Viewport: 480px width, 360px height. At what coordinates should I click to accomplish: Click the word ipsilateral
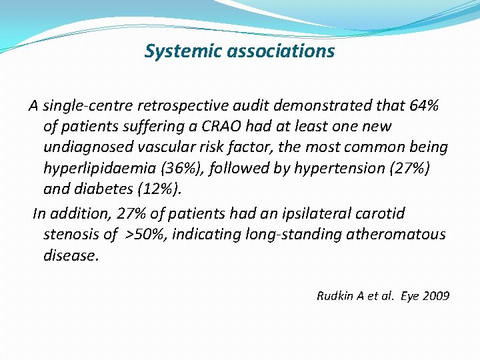316,213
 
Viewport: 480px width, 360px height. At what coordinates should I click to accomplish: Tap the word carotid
381,213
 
